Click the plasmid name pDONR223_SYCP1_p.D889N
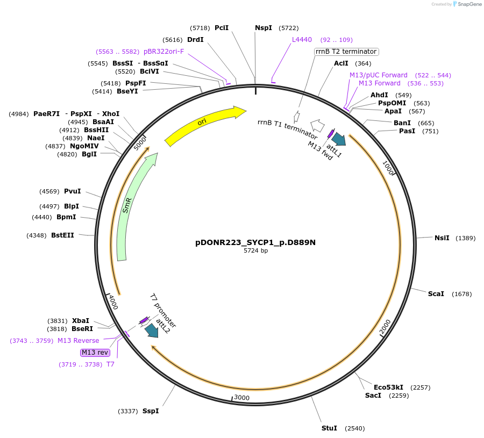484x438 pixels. pyautogui.click(x=255, y=242)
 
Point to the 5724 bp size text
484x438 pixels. pyautogui.click(x=255, y=251)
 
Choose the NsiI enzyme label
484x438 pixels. pyautogui.click(x=442, y=238)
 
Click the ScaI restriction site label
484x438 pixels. pyautogui.click(x=436, y=294)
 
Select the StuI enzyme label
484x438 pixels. pyautogui.click(x=329, y=428)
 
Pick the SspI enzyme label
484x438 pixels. pyautogui.click(x=151, y=411)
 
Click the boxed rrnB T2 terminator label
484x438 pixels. pyautogui.click(x=346, y=52)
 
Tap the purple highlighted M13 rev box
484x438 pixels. pyautogui.click(x=95, y=353)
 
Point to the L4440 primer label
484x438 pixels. pyautogui.click(x=302, y=40)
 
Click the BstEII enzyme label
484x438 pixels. pyautogui.click(x=62, y=235)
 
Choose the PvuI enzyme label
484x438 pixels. pyautogui.click(x=72, y=191)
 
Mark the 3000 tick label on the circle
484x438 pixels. pyautogui.click(x=241, y=398)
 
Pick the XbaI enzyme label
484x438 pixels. pyautogui.click(x=81, y=321)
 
